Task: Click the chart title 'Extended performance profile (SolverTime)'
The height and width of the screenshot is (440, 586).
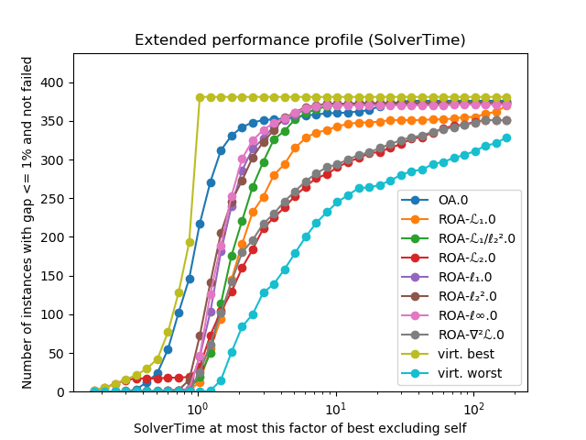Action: (x=299, y=40)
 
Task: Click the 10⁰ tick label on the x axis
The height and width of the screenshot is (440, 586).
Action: (x=196, y=408)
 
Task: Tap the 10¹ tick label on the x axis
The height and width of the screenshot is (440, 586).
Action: (x=335, y=408)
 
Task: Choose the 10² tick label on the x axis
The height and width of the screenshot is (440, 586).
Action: (x=473, y=408)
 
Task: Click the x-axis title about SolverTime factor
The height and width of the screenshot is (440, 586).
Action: (x=299, y=428)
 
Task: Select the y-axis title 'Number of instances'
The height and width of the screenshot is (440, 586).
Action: (x=27, y=223)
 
